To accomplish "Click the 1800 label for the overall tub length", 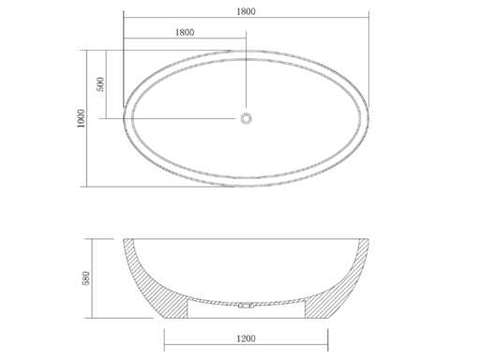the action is (x=246, y=11).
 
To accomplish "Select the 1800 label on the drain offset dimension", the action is (x=185, y=33).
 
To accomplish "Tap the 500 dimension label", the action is (x=100, y=84).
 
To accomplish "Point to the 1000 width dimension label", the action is (x=81, y=118).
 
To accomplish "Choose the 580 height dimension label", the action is (x=85, y=278).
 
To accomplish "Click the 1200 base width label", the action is (x=246, y=338).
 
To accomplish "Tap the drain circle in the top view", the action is (x=246, y=118).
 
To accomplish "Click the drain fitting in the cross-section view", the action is (x=246, y=306).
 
